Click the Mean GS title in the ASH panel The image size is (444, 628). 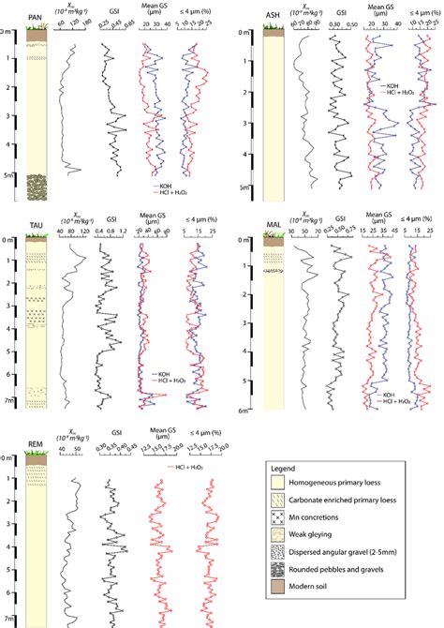377,10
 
